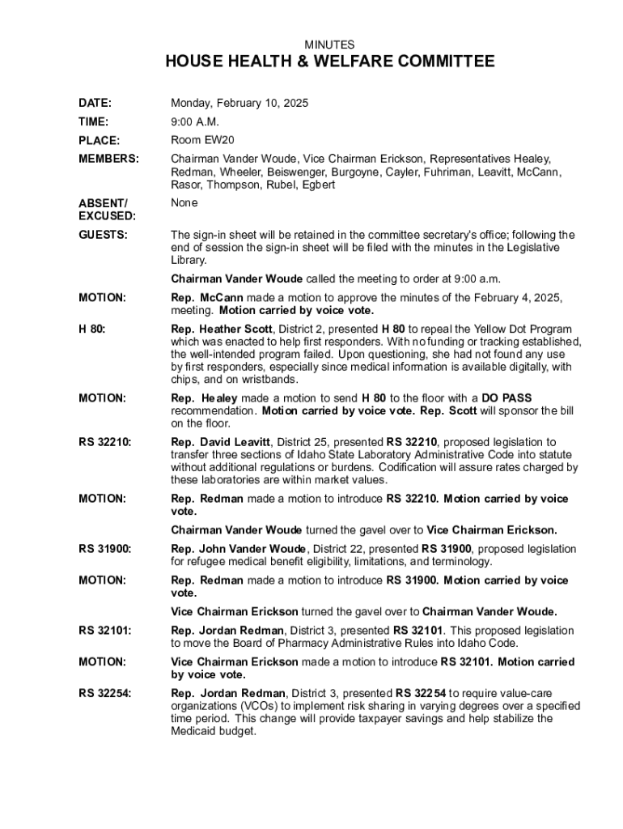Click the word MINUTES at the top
(328, 45)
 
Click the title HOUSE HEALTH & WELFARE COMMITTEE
(329, 62)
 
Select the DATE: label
(95, 104)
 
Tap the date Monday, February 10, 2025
(239, 104)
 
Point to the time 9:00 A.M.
(195, 122)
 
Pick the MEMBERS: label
(108, 159)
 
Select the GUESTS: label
(102, 235)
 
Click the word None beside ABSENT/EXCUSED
(184, 203)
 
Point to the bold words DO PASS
(506, 397)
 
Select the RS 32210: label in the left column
(105, 442)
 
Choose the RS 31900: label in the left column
(105, 550)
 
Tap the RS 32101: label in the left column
(105, 631)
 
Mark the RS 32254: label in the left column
(105, 693)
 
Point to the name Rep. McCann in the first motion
(206, 298)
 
